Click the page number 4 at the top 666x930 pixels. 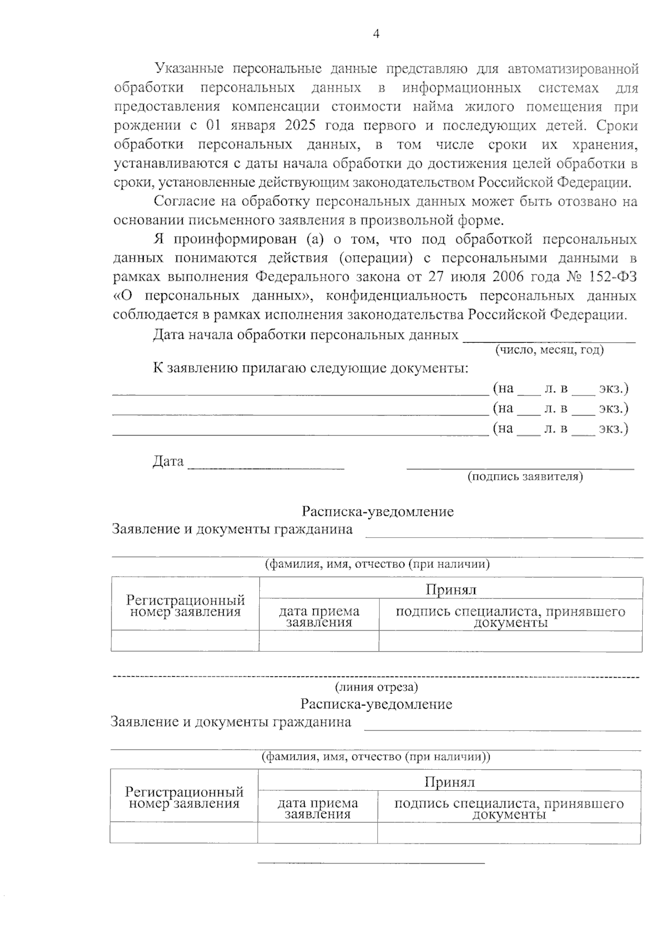point(376,34)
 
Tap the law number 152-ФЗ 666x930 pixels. point(610,277)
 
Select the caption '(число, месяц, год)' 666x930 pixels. point(549,350)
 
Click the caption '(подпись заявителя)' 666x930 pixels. point(524,476)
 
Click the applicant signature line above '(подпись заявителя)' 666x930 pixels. point(520,465)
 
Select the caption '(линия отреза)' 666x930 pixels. point(376,687)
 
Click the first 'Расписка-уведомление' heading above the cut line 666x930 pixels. point(377,511)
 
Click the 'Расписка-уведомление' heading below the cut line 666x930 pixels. point(376,704)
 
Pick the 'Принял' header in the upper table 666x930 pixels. point(451,589)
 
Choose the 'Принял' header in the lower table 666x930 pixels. point(450,782)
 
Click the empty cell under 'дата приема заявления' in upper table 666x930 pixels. point(319,641)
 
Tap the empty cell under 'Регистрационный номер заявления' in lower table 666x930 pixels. point(184,833)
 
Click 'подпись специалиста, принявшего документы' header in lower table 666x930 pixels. point(509,809)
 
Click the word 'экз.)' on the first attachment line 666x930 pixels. point(613,389)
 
